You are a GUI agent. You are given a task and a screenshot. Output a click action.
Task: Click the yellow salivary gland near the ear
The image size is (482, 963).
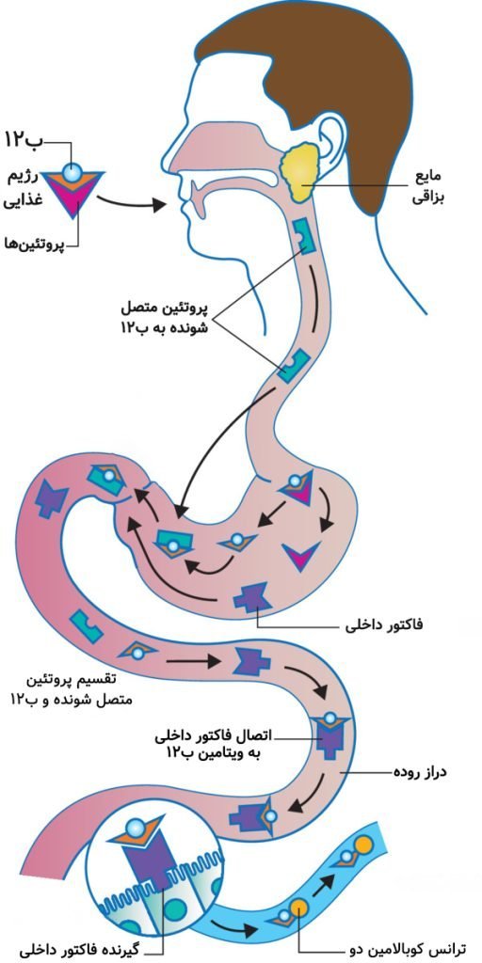point(300,170)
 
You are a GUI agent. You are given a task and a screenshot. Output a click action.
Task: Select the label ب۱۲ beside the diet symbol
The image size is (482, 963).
point(24,139)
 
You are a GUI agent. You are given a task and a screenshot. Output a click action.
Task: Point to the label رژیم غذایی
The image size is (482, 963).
point(24,190)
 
